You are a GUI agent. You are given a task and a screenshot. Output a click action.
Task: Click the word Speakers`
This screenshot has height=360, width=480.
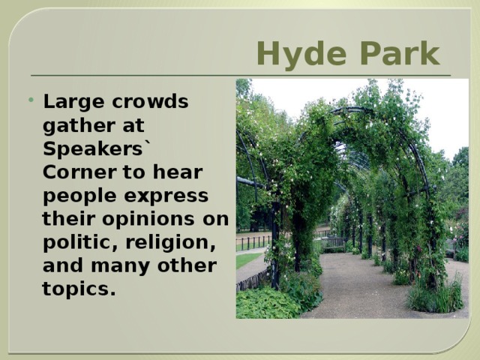(97, 148)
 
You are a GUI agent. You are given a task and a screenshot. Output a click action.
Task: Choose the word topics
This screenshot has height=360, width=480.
(79, 289)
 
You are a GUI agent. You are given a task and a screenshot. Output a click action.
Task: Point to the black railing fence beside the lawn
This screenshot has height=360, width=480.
(253, 241)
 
